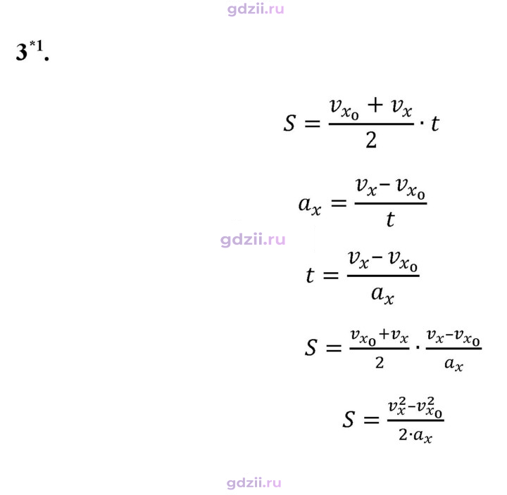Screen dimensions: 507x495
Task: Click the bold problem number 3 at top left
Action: tap(22, 52)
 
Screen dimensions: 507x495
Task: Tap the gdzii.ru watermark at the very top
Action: tap(256, 9)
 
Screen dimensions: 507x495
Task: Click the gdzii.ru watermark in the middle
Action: tap(253, 240)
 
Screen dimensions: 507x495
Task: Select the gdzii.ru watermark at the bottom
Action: tap(254, 483)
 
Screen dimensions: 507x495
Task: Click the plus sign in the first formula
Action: tap(375, 105)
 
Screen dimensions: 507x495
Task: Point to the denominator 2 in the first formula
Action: tap(371, 140)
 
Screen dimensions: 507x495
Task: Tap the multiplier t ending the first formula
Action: tap(435, 123)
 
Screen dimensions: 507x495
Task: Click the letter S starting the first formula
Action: tap(289, 123)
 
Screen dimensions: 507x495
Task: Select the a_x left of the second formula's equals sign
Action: tap(309, 205)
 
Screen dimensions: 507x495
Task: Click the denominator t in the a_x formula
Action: tap(390, 219)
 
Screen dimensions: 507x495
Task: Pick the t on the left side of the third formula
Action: tap(310, 276)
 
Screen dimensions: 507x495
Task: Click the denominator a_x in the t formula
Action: tap(382, 295)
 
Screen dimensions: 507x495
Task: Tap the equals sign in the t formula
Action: tap(331, 276)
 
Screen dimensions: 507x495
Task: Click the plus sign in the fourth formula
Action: tap(384, 334)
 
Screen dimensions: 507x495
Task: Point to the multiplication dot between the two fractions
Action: tap(418, 348)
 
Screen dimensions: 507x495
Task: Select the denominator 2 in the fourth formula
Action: tap(380, 363)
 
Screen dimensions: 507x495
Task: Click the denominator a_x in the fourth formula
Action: tap(453, 364)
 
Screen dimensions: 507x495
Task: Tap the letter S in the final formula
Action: tap(349, 420)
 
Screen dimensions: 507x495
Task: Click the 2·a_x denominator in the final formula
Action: tap(415, 435)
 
